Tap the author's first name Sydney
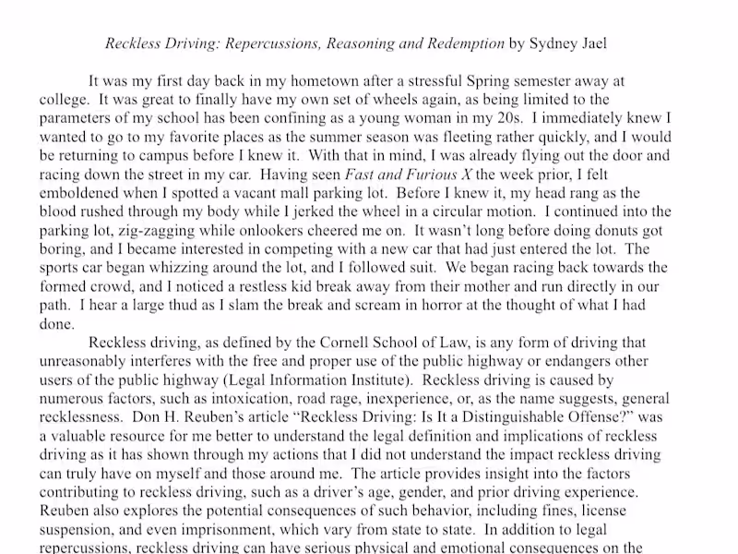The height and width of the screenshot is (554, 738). [554, 42]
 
